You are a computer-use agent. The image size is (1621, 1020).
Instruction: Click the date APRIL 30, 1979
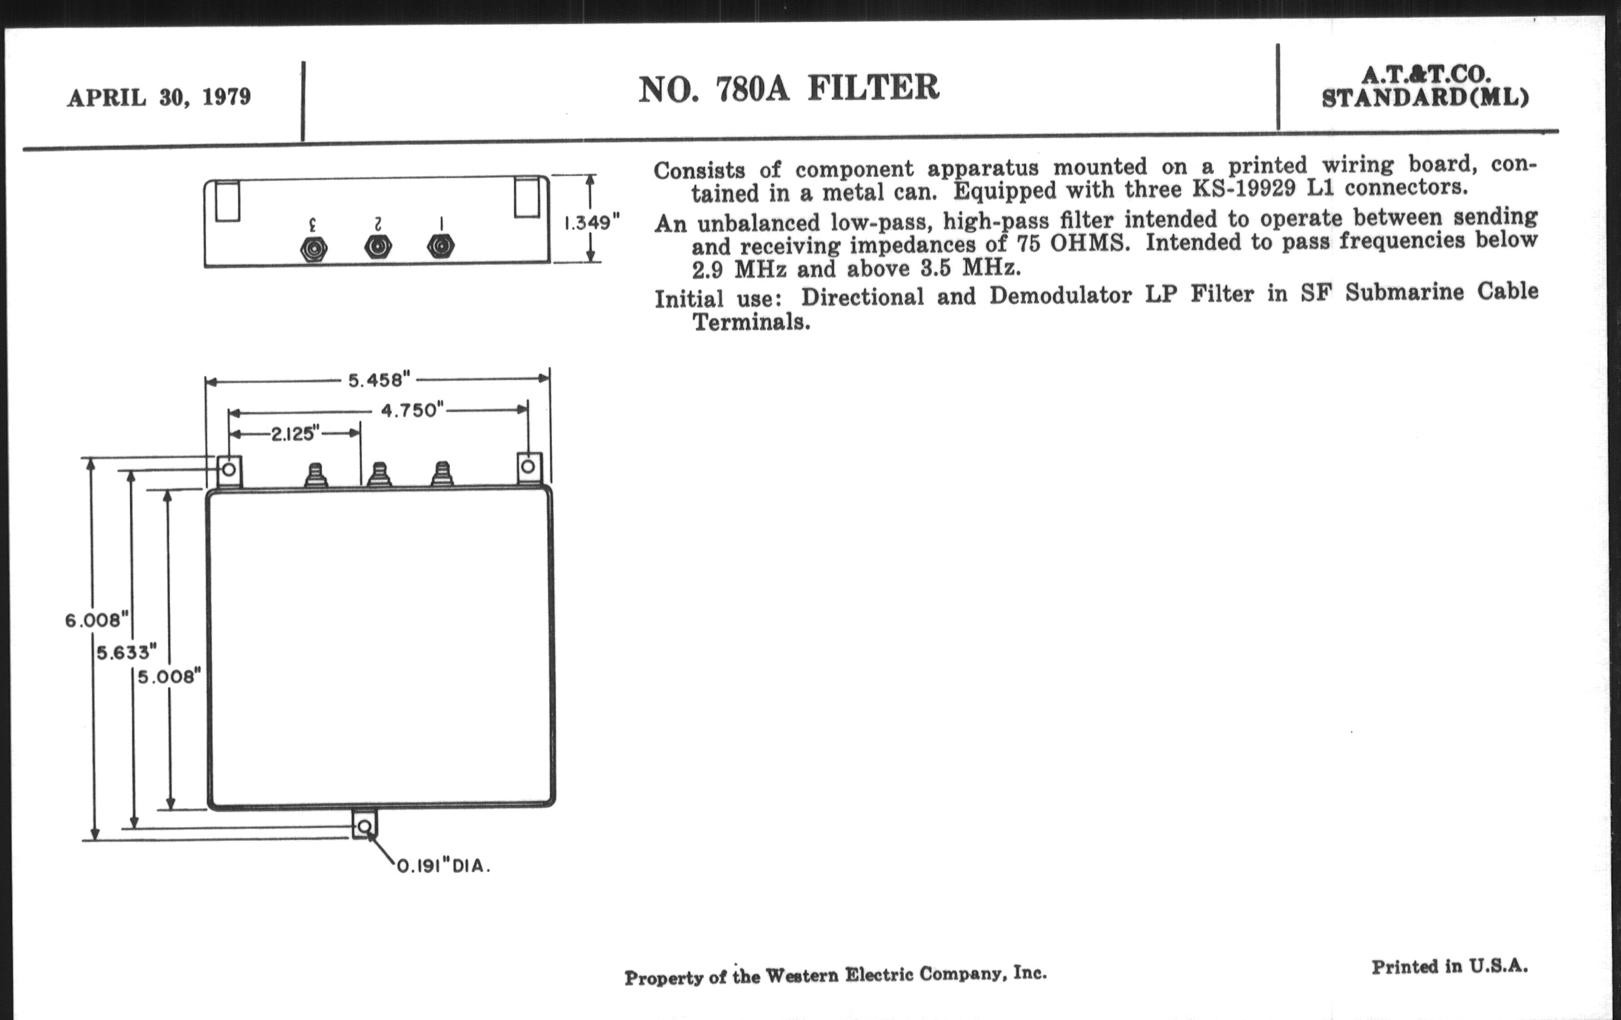tap(159, 97)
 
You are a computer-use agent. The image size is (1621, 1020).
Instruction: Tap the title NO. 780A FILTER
tap(789, 88)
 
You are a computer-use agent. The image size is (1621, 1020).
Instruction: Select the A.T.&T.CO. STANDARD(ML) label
tap(1425, 86)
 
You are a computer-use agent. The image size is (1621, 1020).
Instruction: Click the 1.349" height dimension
tap(592, 222)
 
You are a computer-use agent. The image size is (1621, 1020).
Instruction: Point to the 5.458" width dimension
tap(379, 381)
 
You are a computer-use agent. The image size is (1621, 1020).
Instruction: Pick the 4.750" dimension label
tap(412, 410)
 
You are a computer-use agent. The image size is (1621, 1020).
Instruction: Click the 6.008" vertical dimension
tap(97, 620)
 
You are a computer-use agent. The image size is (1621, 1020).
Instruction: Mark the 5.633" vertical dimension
tap(127, 653)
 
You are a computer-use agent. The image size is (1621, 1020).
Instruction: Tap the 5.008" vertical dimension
tap(170, 677)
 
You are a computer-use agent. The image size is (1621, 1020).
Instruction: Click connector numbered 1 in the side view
tap(441, 247)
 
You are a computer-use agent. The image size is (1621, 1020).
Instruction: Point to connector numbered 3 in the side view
tap(314, 250)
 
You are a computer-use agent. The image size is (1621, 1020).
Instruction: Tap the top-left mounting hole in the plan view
tap(229, 469)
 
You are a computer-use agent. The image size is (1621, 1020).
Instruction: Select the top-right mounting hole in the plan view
tap(529, 466)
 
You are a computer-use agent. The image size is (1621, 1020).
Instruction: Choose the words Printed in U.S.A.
tap(1449, 967)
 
